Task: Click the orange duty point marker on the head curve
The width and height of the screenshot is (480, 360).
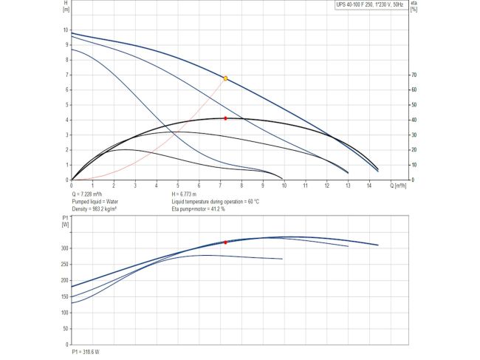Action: click(225, 78)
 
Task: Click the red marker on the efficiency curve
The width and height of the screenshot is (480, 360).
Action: click(225, 118)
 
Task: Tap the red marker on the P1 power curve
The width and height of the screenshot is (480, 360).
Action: click(225, 242)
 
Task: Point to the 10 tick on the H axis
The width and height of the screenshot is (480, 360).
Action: click(65, 30)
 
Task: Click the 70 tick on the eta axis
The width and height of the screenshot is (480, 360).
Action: click(414, 75)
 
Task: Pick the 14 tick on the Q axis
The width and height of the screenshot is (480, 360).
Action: click(369, 184)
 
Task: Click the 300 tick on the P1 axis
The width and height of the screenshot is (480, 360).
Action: click(64, 248)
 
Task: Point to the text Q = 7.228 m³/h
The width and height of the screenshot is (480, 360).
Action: click(92, 194)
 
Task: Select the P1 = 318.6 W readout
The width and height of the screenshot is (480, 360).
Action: click(86, 352)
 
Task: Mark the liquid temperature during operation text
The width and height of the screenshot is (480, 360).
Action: click(215, 202)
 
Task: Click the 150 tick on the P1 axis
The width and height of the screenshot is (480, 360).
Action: click(64, 297)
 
